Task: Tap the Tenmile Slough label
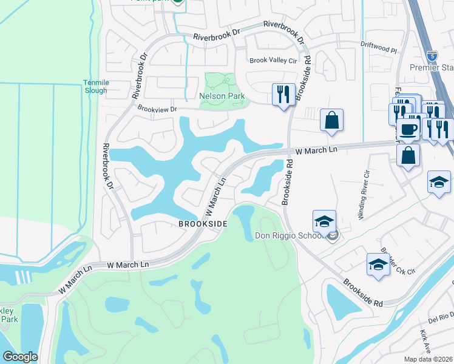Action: pos(95,87)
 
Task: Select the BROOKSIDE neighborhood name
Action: pos(203,224)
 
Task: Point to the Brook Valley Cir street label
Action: pos(274,60)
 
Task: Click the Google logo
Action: pos(20,357)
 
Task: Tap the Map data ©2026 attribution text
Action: pos(428,359)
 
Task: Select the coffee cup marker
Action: pos(408,129)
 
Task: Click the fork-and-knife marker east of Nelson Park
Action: pos(283,94)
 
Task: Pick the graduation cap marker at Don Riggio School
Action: pos(324,220)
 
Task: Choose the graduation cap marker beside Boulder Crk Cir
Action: pos(378,264)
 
